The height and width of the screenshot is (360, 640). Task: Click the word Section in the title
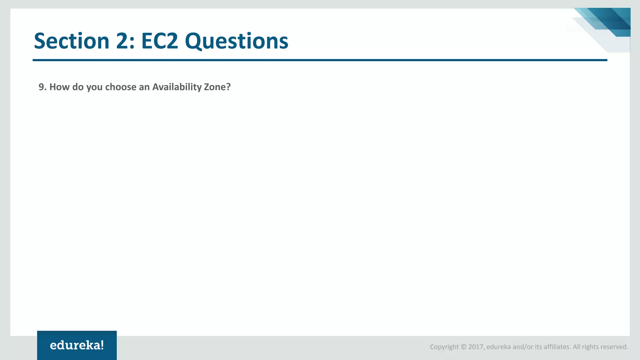point(71,41)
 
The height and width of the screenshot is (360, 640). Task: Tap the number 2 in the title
point(124,41)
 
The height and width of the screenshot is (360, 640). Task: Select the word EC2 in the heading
point(160,41)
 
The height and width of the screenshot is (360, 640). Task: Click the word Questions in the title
point(237,42)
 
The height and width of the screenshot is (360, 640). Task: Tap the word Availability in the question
point(177,87)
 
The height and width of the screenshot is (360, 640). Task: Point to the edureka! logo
point(77,345)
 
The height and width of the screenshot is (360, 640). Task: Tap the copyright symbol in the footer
point(463,347)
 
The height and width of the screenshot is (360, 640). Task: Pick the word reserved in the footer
point(614,347)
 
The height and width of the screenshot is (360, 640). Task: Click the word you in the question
point(94,87)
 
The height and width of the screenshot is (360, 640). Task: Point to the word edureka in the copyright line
point(499,347)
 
